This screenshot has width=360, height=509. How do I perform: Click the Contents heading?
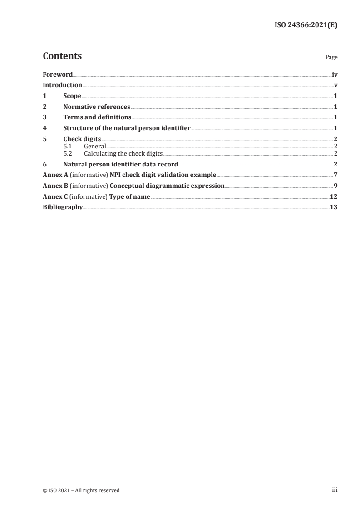coord(62,56)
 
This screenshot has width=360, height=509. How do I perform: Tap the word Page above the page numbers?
coord(331,58)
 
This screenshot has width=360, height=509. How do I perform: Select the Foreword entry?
coord(58,74)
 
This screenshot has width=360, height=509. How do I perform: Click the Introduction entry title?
coord(62,85)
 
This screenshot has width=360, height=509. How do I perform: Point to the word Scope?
coord(72,96)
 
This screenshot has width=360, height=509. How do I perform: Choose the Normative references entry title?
coord(97,107)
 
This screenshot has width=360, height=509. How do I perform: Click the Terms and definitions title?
coord(97,117)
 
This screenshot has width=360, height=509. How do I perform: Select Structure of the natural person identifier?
coord(127,128)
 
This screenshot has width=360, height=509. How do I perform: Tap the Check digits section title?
coord(82,139)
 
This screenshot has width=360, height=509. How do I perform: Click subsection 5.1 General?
coord(94,147)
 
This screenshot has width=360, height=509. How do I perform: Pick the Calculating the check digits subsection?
coord(123,153)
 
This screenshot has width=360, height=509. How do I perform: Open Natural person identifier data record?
coord(120,164)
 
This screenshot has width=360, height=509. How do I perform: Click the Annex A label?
coord(55,175)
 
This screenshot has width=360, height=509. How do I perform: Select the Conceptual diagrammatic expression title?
coord(167,186)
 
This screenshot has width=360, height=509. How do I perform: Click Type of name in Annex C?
coord(130,196)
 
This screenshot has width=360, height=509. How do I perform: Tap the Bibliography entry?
coord(63,207)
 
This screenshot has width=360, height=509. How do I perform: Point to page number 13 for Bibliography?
coord(334,207)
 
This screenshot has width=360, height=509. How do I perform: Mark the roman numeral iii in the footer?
coord(335,490)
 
